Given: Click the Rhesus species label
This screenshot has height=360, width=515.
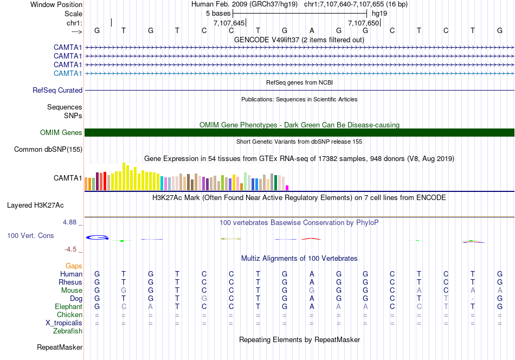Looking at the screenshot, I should (x=70, y=282).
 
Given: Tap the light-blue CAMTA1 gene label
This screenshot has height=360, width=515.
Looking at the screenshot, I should (x=68, y=73).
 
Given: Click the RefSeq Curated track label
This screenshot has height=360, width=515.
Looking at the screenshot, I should (x=57, y=91).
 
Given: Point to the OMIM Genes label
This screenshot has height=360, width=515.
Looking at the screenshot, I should (x=61, y=133).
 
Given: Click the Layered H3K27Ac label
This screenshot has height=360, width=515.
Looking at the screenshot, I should (x=35, y=205).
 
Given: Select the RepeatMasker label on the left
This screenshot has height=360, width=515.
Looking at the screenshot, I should (x=59, y=347).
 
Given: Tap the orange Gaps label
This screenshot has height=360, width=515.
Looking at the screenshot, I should (x=74, y=266).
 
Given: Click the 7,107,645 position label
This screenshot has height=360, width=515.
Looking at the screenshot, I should (x=229, y=23).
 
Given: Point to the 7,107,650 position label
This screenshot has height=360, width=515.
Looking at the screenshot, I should (x=363, y=23).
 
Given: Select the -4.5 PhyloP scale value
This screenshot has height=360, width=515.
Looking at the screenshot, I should (x=72, y=249).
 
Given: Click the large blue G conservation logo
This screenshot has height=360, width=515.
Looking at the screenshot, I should (x=98, y=237).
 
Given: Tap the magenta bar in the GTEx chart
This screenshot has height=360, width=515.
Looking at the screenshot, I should (x=287, y=188).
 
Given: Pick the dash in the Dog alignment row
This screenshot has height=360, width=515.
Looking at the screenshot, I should (x=473, y=299).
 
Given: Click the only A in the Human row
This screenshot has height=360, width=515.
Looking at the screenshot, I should (x=312, y=274).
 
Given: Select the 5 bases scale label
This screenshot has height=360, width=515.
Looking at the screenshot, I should (x=218, y=13).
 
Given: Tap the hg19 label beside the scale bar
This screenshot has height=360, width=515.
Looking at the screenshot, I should (x=380, y=13).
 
